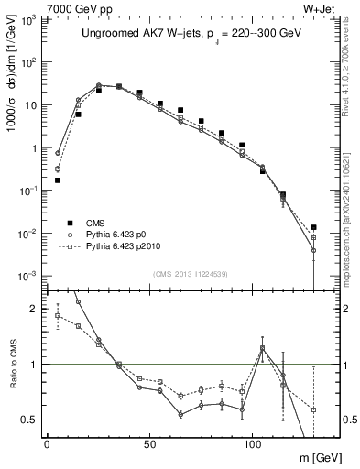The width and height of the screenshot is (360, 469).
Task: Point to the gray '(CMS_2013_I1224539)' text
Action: (190, 274)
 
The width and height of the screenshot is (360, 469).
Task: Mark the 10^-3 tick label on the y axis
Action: (28, 275)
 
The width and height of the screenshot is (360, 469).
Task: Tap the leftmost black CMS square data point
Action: (58, 180)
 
